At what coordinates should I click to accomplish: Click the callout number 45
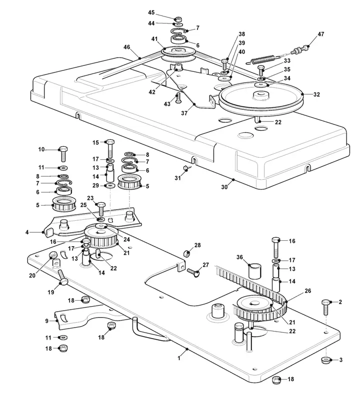tap(151, 12)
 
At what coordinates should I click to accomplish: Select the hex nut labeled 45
tap(178, 19)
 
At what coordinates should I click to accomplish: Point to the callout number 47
tap(321, 34)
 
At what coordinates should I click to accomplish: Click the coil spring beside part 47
tap(263, 59)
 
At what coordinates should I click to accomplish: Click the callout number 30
tap(224, 187)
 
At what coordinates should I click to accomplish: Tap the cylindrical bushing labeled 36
tap(254, 271)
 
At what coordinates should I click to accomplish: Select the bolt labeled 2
tap(326, 307)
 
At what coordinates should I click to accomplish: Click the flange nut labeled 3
tap(325, 360)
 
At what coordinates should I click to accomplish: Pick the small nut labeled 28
tap(187, 253)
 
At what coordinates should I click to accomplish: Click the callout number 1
tap(179, 358)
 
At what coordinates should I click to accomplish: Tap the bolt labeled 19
tap(62, 277)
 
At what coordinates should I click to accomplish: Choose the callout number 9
tap(47, 321)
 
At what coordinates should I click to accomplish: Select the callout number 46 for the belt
tap(126, 47)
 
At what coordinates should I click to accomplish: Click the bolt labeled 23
tap(101, 209)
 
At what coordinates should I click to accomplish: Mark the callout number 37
tap(184, 113)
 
